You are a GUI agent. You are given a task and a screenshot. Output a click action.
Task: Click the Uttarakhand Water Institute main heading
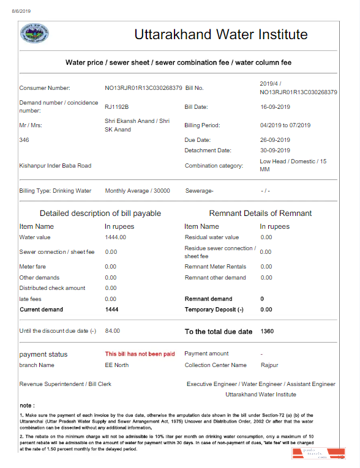click(x=221, y=34)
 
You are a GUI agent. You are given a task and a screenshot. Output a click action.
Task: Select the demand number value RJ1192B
click(x=116, y=106)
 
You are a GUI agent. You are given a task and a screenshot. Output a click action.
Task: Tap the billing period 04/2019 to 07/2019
click(x=285, y=125)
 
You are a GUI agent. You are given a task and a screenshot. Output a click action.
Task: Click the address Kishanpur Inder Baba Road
click(x=55, y=165)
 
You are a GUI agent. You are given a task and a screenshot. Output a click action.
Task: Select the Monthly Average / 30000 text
click(x=137, y=191)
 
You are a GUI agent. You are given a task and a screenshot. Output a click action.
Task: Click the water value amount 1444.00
click(x=115, y=237)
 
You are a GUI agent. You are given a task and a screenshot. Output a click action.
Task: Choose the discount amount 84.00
click(x=113, y=331)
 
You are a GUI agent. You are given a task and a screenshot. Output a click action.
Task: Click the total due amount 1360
click(x=268, y=332)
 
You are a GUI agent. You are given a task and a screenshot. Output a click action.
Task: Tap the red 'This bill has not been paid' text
click(x=140, y=354)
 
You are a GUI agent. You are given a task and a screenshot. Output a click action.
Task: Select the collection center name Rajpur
click(x=269, y=365)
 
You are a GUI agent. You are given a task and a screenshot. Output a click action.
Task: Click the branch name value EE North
click(x=117, y=365)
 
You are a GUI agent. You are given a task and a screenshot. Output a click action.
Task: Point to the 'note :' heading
click(x=27, y=405)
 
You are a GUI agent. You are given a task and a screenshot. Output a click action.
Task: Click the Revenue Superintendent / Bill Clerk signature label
click(x=65, y=384)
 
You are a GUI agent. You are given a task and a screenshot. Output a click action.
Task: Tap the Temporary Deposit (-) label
click(x=214, y=310)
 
